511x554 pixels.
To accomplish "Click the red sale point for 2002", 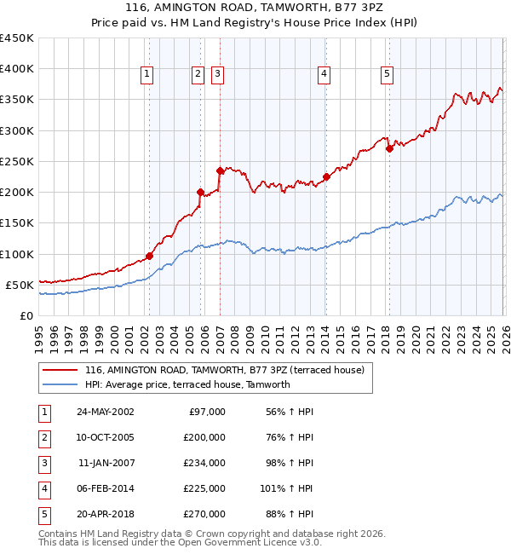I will tap(149, 256).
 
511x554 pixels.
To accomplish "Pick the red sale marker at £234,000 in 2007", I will tap(220, 170).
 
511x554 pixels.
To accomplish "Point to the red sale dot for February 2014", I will tap(326, 177).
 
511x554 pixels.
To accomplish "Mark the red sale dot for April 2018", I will tap(389, 148).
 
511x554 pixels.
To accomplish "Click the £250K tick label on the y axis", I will tap(17, 161).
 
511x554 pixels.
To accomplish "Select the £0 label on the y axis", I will tap(26, 315).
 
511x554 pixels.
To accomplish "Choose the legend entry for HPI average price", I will tap(187, 384).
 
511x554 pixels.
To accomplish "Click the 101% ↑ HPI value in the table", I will tap(287, 488).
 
